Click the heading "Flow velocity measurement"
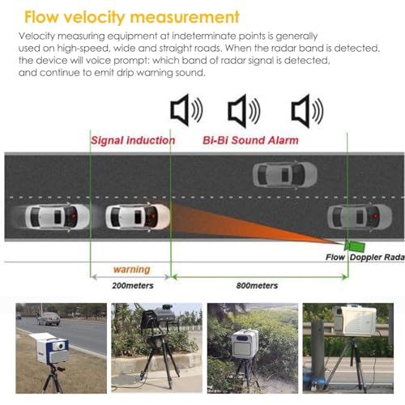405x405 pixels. (x=132, y=17)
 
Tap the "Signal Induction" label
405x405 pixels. (x=133, y=140)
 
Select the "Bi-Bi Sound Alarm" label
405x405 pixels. (x=250, y=140)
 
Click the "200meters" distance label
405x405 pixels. (x=133, y=286)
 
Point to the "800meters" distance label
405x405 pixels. (x=257, y=286)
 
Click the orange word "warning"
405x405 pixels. (x=132, y=270)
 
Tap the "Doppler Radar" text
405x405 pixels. (x=377, y=258)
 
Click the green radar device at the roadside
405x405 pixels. (x=355, y=245)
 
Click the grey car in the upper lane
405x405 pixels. (x=284, y=174)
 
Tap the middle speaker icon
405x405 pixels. (x=244, y=111)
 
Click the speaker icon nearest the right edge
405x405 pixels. (x=307, y=111)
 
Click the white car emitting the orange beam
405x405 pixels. (x=138, y=217)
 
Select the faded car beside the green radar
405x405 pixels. (x=360, y=217)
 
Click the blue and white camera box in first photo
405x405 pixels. (x=49, y=348)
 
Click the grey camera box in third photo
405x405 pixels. (x=245, y=343)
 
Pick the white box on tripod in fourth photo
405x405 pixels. (x=356, y=322)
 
